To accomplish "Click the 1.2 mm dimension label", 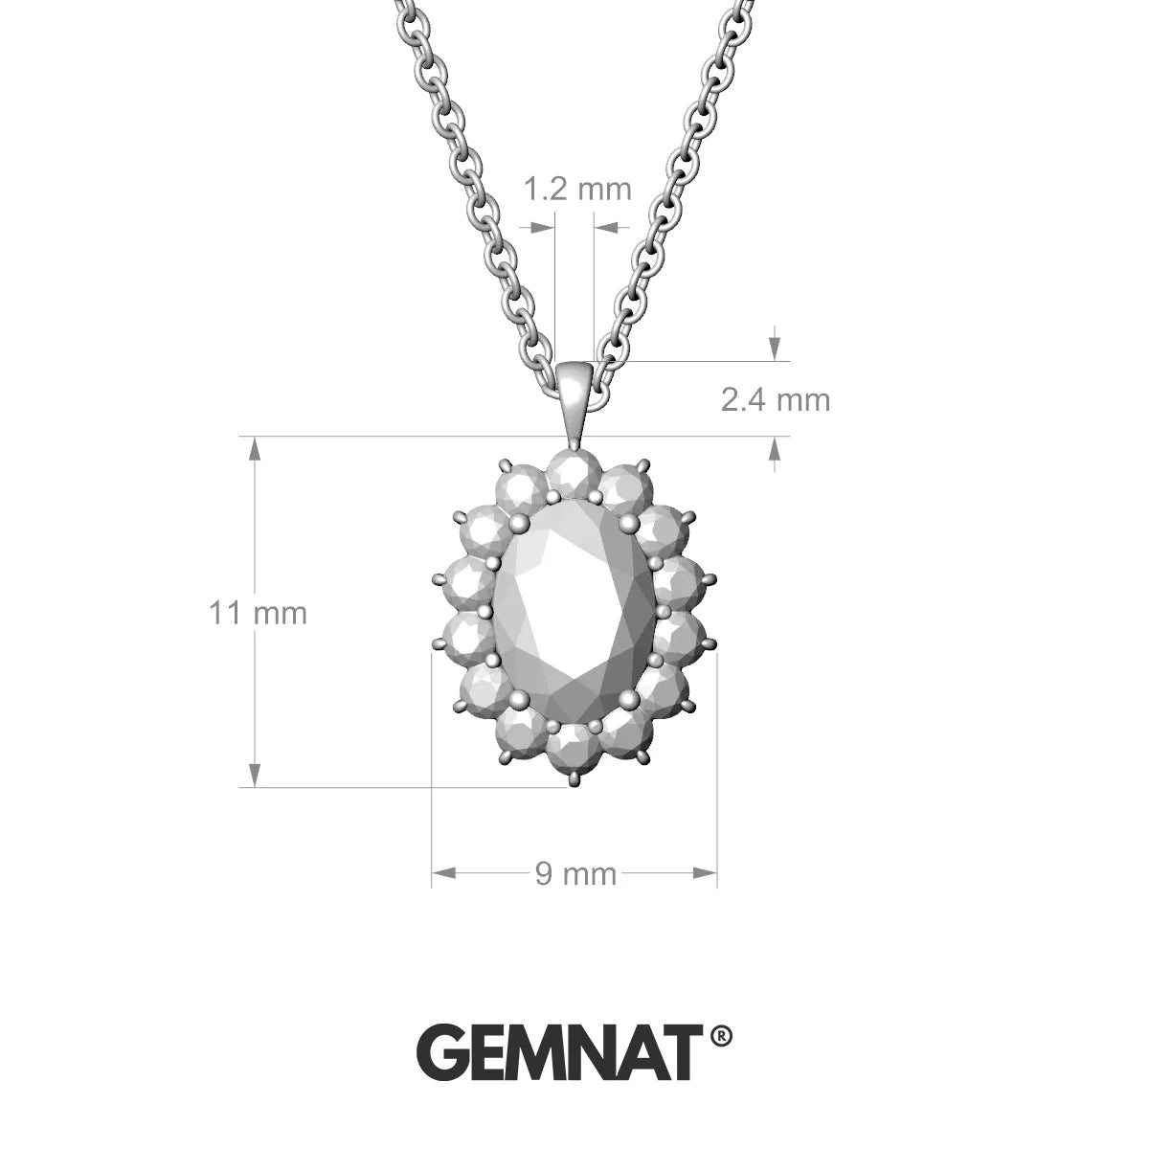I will [x=577, y=189].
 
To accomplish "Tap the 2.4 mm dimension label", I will [x=775, y=398].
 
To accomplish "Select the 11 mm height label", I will [x=259, y=612].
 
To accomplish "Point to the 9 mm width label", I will [x=575, y=872].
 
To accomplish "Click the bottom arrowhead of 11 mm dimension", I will [x=255, y=777].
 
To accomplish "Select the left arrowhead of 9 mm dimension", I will [x=442, y=872].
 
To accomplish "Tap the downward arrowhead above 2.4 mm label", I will [x=775, y=349].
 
